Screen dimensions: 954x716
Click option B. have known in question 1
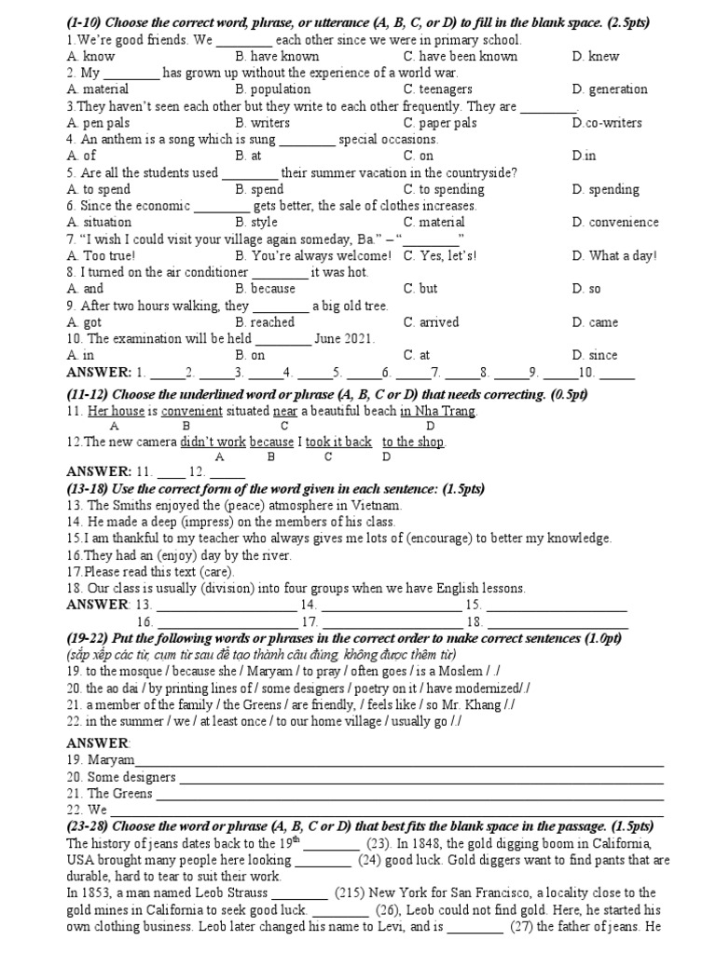(277, 57)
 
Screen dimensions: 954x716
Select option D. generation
(610, 89)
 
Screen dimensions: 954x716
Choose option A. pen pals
(98, 123)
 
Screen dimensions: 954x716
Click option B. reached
(265, 322)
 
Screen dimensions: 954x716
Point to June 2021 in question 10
(344, 339)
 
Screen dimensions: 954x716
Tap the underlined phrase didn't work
(213, 442)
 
